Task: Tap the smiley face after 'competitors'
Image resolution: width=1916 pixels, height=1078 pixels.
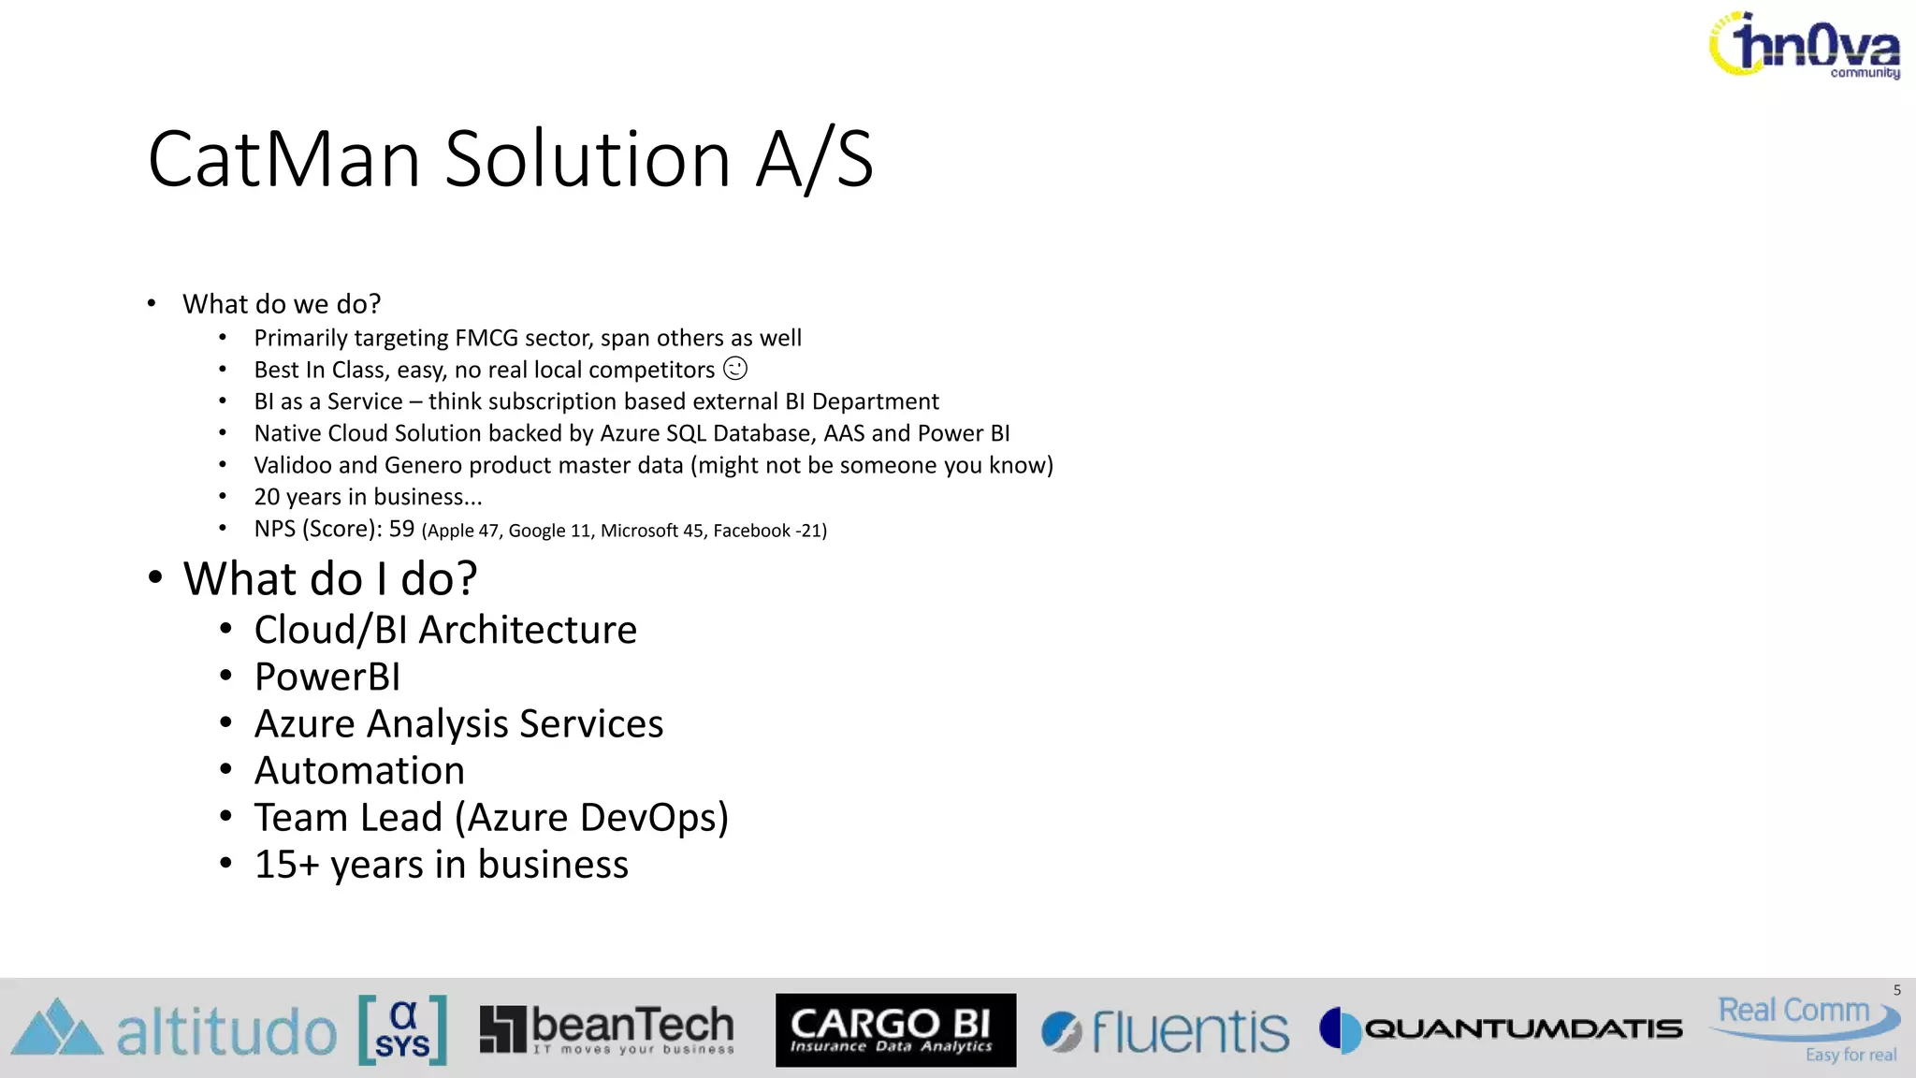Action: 736,369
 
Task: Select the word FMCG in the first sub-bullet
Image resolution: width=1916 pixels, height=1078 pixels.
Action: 486,338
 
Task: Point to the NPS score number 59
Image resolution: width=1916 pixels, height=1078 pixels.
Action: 401,529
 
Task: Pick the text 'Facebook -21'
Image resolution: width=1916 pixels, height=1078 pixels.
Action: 769,531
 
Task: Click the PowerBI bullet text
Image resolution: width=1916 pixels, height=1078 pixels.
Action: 327,677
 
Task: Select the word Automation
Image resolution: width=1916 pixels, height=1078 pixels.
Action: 359,770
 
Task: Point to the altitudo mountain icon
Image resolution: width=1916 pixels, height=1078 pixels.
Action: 56,1028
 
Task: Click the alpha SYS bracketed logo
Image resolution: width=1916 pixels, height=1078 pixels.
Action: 402,1029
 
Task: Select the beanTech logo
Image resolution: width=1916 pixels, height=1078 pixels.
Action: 606,1029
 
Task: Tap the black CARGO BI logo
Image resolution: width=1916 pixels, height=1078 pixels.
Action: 895,1029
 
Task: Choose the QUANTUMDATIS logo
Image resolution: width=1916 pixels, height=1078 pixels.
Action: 1501,1029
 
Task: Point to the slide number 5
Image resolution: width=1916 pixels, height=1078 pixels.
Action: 1896,990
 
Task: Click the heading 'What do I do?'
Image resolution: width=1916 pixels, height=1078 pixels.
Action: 329,578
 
